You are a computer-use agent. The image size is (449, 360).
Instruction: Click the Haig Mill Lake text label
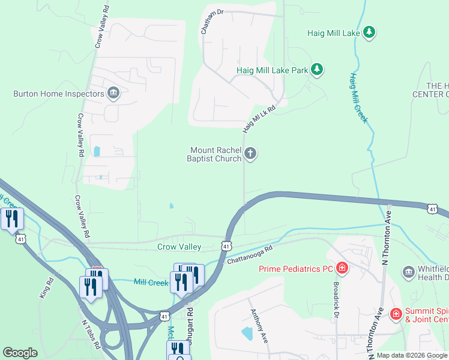(x=333, y=33)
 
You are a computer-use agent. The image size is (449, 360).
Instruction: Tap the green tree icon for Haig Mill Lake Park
(x=317, y=71)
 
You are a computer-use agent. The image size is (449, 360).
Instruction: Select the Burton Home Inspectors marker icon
(x=113, y=93)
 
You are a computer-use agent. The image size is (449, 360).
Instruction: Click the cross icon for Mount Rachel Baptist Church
(x=250, y=154)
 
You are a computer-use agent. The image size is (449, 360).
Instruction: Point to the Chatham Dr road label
(x=212, y=22)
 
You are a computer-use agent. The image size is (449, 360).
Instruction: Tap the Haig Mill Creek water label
(x=358, y=98)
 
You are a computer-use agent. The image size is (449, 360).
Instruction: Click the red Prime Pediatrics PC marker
(x=342, y=268)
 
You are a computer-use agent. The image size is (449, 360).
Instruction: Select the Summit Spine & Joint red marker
(x=396, y=314)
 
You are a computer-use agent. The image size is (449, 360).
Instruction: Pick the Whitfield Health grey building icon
(x=408, y=272)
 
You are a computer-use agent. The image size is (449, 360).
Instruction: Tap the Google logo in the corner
(x=20, y=353)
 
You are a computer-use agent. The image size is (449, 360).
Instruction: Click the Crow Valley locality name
(x=179, y=247)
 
